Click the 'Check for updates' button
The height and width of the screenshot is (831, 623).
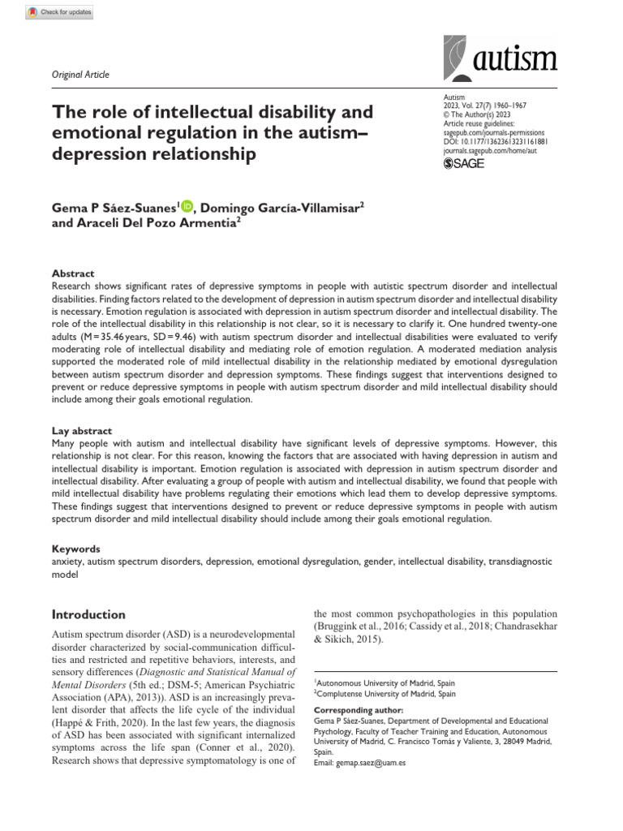61,12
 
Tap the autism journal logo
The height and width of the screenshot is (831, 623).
501,58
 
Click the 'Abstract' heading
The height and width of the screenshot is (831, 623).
73,273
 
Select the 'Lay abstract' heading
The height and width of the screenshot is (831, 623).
82,431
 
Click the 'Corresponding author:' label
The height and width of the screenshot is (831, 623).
353,709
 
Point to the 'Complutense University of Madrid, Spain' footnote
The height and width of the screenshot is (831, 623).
385,695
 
